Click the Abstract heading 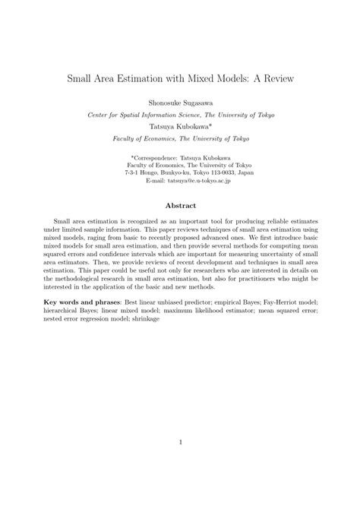[180, 206]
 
